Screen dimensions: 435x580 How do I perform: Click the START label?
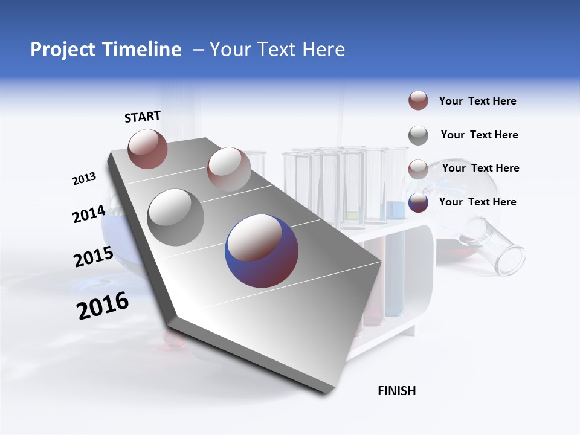click(x=143, y=117)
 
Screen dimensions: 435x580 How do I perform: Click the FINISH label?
click(x=396, y=391)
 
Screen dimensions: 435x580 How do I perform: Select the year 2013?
click(x=84, y=179)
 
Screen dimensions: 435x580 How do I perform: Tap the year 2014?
click(x=89, y=214)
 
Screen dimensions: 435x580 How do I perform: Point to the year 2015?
click(x=93, y=257)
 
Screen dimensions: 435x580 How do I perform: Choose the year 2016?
click(x=103, y=306)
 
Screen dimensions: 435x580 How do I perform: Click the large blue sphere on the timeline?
click(x=262, y=251)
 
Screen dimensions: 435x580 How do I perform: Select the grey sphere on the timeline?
click(x=175, y=217)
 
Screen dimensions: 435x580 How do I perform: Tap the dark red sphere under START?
click(x=147, y=149)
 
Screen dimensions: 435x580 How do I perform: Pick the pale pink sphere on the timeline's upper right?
click(x=228, y=169)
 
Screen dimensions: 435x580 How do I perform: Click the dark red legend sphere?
click(x=418, y=101)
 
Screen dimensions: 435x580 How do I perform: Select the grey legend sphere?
click(x=418, y=135)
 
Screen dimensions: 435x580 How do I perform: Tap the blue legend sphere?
click(x=418, y=202)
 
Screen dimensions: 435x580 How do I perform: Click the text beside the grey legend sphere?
click(x=479, y=135)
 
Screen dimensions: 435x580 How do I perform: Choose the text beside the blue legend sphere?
click(x=477, y=202)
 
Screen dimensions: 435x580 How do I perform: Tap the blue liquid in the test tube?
click(x=395, y=266)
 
